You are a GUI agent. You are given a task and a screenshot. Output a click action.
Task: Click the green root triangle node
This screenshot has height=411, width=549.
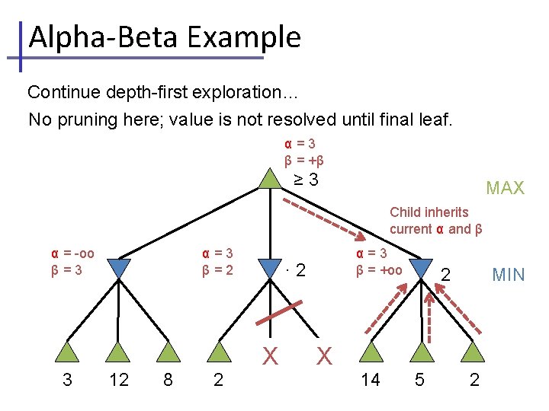tap(269, 179)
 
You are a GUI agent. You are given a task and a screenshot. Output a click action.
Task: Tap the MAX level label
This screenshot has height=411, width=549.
tap(505, 188)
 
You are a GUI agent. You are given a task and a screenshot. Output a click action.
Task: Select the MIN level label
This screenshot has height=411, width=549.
tap(509, 274)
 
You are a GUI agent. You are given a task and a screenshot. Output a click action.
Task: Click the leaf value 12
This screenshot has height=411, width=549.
tap(119, 380)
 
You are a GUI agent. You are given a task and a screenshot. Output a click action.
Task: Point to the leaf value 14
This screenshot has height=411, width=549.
tap(370, 380)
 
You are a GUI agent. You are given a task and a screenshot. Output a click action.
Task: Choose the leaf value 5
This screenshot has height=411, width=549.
tap(419, 380)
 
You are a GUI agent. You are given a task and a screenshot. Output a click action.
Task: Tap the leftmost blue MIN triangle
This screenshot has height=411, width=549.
tap(119, 268)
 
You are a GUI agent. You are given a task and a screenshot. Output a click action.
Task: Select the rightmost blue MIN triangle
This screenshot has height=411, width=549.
tap(419, 268)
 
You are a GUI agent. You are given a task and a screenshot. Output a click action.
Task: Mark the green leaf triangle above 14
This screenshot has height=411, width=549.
tap(370, 352)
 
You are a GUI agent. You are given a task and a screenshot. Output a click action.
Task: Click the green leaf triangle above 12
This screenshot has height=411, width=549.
tap(119, 352)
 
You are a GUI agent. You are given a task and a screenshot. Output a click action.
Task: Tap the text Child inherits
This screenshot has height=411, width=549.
tap(429, 212)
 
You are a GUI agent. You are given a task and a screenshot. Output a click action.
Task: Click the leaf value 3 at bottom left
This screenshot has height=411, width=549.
tap(67, 380)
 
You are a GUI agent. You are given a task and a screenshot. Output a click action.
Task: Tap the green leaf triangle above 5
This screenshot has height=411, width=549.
tap(419, 352)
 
